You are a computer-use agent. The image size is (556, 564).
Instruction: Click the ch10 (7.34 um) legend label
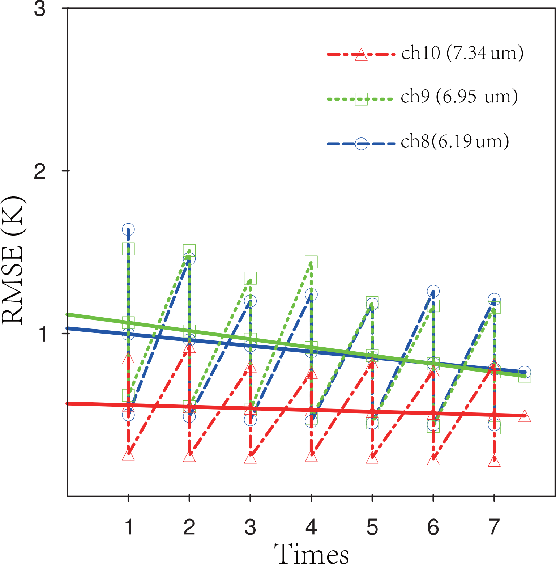(x=462, y=54)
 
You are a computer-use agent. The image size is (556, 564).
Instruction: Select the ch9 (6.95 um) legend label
(x=459, y=97)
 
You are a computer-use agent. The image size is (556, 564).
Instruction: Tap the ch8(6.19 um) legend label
(x=455, y=141)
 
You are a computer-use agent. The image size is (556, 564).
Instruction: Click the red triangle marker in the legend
(x=361, y=55)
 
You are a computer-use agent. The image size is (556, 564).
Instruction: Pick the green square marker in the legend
(x=361, y=99)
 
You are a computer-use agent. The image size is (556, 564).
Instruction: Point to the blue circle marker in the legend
(x=361, y=144)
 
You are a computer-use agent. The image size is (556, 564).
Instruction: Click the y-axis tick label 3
(x=40, y=9)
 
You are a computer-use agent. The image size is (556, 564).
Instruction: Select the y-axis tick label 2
(x=40, y=171)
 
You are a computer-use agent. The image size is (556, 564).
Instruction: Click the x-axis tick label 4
(x=311, y=527)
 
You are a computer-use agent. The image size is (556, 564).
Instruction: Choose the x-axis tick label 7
(x=494, y=527)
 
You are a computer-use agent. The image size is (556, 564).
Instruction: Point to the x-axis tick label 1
(x=129, y=527)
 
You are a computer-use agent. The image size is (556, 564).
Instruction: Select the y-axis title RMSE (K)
(x=13, y=260)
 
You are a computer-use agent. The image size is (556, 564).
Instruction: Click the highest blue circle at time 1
(x=128, y=229)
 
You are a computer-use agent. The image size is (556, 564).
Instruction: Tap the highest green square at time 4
(x=311, y=262)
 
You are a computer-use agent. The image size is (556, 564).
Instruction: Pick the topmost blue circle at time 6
(x=433, y=291)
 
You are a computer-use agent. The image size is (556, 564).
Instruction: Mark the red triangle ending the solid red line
(x=525, y=416)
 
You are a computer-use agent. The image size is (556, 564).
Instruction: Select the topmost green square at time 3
(x=250, y=278)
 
